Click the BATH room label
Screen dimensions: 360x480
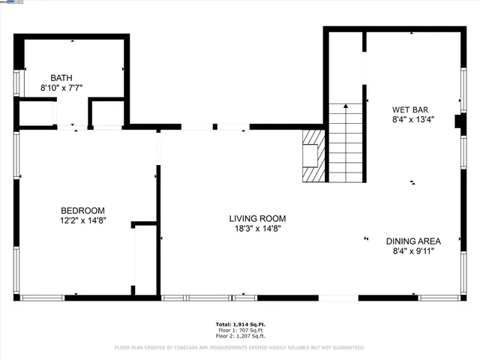[x=61, y=78]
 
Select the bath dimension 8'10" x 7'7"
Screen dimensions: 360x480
[x=61, y=88]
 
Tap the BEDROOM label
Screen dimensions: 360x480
[x=82, y=211]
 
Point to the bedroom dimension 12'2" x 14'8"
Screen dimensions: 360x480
[x=82, y=220]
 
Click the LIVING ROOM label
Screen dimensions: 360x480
[x=257, y=219]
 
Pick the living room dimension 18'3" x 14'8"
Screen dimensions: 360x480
[x=257, y=229]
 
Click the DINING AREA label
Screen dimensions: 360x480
[x=413, y=241]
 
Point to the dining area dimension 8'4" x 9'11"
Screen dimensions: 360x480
[x=413, y=250]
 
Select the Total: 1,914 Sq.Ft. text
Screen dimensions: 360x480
[x=240, y=324]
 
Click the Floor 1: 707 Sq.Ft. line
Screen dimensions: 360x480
[x=240, y=330]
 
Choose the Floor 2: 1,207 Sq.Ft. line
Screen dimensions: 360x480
[x=240, y=335]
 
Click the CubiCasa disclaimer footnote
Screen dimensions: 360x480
[x=240, y=347]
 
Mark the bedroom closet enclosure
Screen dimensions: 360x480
[x=144, y=259]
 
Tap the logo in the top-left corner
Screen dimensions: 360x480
[x=12, y=3]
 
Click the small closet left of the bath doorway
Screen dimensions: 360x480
[x=34, y=112]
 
